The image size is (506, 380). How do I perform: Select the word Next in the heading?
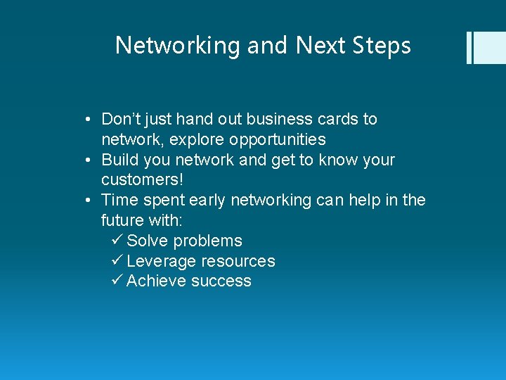click(x=320, y=46)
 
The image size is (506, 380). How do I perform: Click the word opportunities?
click(x=277, y=139)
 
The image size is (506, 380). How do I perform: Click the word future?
click(x=122, y=220)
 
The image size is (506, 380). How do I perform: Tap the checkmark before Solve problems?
click(x=117, y=241)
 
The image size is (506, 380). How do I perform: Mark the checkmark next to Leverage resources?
click(x=117, y=261)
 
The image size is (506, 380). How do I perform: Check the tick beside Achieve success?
click(x=117, y=281)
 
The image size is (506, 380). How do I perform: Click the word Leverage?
click(x=162, y=261)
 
